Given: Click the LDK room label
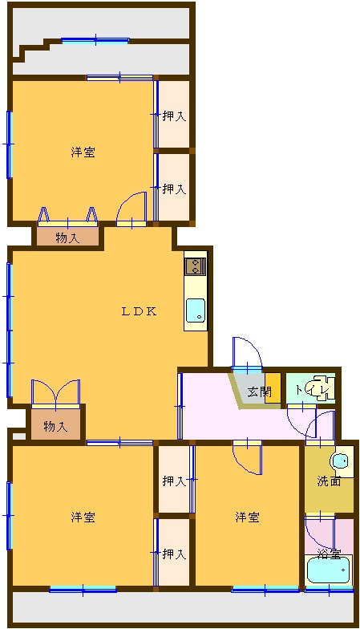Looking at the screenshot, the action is pos(139,311).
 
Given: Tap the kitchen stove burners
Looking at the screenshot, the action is pos(196,266).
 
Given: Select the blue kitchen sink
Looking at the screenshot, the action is pos(196,310).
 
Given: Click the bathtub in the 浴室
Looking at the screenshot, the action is pos(328,570).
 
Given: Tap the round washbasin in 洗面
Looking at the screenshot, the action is pos(340,461).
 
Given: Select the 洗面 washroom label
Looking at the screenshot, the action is pos(329,481).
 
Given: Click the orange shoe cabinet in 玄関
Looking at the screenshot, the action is pos(273,388).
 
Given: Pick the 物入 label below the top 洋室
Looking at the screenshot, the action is pos(67,239).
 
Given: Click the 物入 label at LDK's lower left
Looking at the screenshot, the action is pos(55,427).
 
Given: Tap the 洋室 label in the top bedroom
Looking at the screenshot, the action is pos(83,152).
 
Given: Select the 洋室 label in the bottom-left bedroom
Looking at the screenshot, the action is pos(83,517).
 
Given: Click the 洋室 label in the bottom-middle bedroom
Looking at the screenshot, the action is pos(247,517).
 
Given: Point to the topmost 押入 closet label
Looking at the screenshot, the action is pos(174,116).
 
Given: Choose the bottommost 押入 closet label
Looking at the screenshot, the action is pos(174,554).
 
